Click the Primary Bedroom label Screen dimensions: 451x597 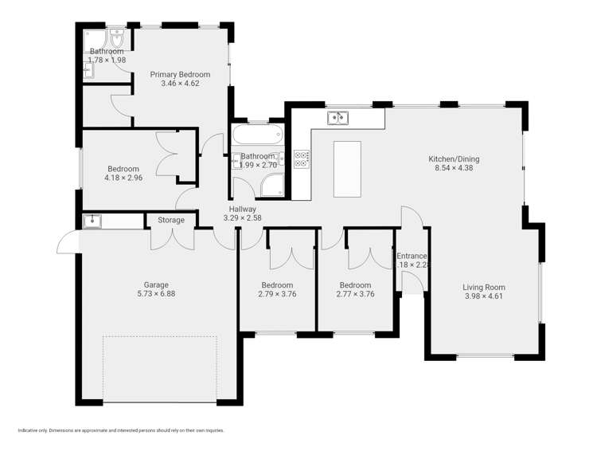coord(180,74)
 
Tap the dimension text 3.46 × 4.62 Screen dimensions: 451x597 coord(180,83)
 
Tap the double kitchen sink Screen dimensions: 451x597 coord(338,119)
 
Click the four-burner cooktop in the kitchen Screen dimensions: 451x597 coord(302,159)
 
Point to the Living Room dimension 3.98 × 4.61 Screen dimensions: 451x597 coord(484,296)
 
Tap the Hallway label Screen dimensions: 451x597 coord(242,210)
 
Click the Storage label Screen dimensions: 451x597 coord(170,220)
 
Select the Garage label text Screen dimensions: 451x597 coord(156,284)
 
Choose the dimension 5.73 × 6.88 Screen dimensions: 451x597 coord(156,293)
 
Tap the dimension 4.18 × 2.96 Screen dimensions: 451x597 coord(123,178)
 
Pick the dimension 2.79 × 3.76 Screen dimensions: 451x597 coord(277,294)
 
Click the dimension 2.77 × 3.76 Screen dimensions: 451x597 coord(355,294)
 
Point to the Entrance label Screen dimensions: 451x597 coord(412,256)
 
